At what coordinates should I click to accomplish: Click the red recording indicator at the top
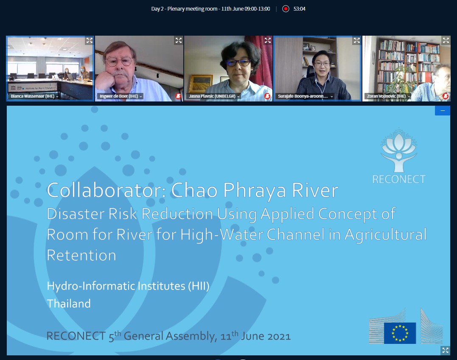pos(286,9)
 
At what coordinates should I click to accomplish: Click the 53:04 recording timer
pos(299,9)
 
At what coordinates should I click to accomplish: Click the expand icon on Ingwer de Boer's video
pos(178,40)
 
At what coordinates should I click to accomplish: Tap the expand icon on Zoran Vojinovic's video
pos(446,40)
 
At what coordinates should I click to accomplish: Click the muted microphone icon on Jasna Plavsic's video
pos(267,96)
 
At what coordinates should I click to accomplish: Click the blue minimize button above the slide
pos(443,110)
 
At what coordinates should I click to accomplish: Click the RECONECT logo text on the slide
pos(399,179)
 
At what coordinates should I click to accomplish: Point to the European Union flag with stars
pos(400,333)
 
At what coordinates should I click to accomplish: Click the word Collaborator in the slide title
pos(106,191)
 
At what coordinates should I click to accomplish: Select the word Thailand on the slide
pos(69,304)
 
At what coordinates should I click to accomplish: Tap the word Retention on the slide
pos(81,255)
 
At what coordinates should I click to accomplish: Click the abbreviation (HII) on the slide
pos(199,286)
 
